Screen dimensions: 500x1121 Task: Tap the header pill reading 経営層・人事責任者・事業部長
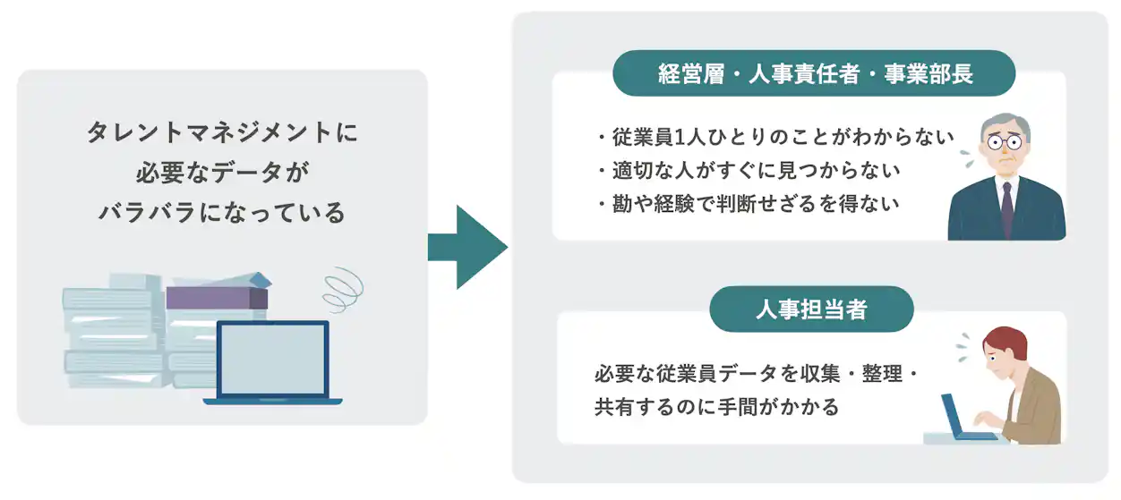[814, 73]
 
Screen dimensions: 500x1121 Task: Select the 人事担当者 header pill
[811, 309]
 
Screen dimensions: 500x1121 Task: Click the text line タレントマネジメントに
[221, 132]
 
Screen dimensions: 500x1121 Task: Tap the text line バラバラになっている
[221, 214]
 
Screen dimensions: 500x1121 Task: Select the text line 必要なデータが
[221, 174]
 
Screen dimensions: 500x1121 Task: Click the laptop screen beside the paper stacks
[273, 359]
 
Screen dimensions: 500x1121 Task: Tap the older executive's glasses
[1005, 142]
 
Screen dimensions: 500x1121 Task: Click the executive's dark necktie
[1007, 208]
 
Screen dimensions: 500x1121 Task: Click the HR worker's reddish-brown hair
[1006, 339]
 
